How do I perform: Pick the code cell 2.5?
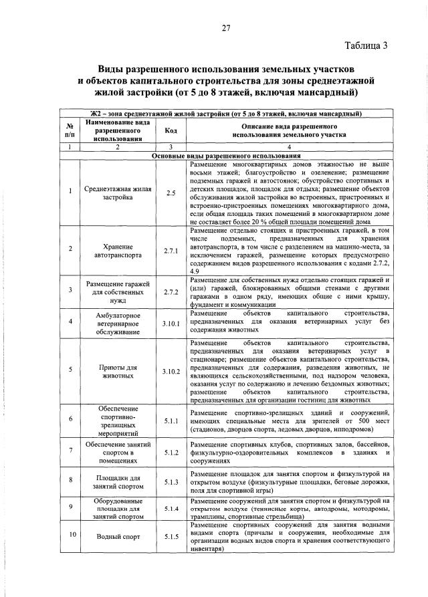pos(170,193)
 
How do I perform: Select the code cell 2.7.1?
pos(170,249)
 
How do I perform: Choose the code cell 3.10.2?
pos(170,371)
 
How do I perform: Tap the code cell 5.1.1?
pos(170,422)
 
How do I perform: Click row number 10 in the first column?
pos(70,536)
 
